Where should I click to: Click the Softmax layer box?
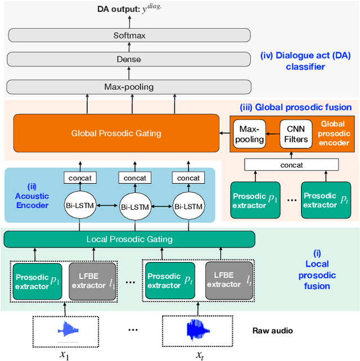pos(128,35)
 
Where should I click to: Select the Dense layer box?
pos(128,59)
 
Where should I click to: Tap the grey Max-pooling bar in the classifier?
pos(128,87)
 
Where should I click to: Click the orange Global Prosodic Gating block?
pos(116,133)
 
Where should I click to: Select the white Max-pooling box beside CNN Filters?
pos(249,134)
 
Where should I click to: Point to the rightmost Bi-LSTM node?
pos(188,205)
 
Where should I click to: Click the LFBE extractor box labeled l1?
pos(92,281)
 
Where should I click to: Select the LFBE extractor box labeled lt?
pos(227,280)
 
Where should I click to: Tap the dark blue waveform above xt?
pos(196,329)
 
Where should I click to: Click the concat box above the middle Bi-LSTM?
pos(134,178)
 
